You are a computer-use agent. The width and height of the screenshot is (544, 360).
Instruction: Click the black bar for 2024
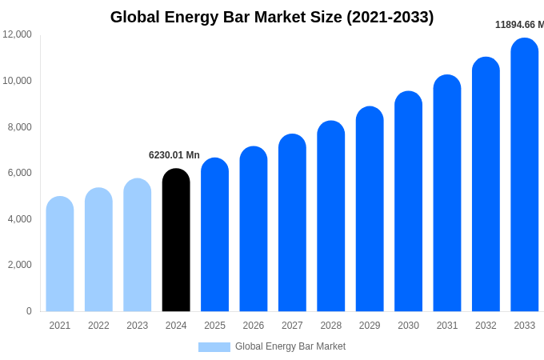point(176,240)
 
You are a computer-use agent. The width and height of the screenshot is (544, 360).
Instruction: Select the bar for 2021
point(60,254)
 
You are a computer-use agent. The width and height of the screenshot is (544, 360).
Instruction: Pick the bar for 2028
point(331,216)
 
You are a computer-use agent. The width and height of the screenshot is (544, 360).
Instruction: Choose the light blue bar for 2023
point(138,245)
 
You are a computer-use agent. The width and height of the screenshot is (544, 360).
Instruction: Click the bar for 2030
point(409,202)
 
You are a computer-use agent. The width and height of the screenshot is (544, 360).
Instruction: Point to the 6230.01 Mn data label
point(174,155)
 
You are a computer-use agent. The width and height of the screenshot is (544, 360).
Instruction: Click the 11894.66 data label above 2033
point(519,25)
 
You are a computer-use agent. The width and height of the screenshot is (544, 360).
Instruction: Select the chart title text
point(272,17)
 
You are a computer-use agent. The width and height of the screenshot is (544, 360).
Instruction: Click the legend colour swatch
point(214,347)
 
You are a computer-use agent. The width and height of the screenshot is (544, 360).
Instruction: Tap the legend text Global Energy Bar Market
point(290,346)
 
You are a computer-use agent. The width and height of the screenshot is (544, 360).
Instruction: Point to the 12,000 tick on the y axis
point(17,34)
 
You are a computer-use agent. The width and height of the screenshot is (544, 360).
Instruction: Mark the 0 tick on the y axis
point(29,311)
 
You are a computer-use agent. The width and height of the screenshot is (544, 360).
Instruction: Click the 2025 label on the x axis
point(214,326)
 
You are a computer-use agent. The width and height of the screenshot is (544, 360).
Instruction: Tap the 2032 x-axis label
point(486,326)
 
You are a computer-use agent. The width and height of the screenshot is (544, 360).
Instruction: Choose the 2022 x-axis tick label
point(98,326)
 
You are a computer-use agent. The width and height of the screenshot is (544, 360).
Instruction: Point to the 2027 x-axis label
point(292,326)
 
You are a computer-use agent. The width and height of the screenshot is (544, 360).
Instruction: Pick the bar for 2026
point(254,229)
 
